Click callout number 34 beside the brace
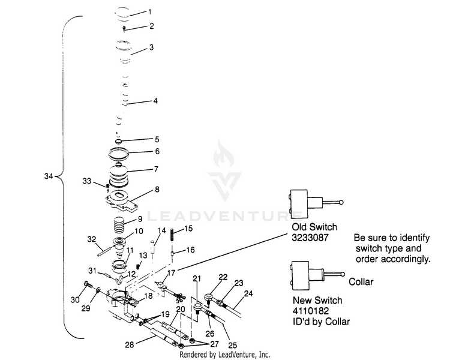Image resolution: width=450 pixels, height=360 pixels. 49,176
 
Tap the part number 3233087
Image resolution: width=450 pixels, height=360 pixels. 310,238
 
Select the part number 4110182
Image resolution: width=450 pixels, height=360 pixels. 311,311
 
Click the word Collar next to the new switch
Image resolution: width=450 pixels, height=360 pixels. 361,281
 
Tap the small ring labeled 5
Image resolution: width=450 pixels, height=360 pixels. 119,142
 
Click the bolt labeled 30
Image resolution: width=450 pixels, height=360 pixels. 88,285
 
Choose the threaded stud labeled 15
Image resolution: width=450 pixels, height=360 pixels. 172,235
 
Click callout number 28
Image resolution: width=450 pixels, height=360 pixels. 130,344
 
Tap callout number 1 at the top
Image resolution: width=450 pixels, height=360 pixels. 150,12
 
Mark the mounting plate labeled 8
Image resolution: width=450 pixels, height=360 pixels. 121,202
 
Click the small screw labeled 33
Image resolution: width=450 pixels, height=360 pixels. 107,187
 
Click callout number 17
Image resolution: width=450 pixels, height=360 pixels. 171,272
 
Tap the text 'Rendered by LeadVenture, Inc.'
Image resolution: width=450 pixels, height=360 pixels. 225,355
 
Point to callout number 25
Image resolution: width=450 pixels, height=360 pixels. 232,346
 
